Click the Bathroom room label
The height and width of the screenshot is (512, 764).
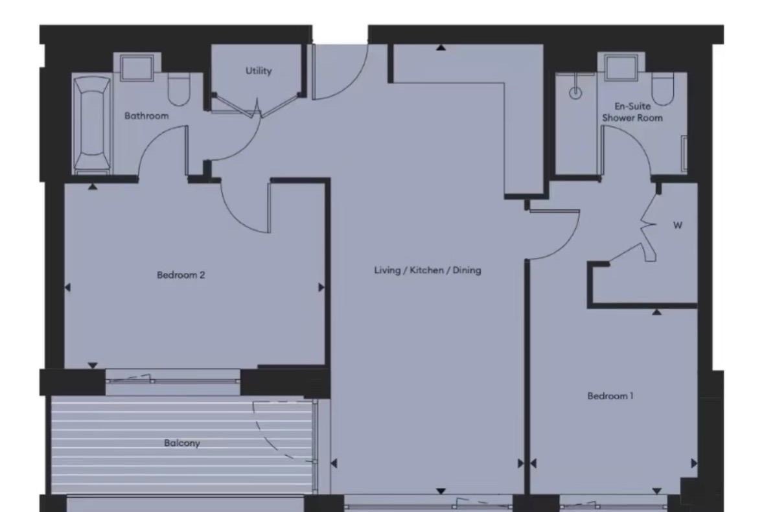[x=146, y=116]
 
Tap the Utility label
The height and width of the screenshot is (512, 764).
[x=259, y=71]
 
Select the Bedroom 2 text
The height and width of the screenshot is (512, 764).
[x=181, y=275]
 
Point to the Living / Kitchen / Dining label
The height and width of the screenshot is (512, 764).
[x=428, y=270]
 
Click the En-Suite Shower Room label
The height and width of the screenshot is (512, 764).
[x=632, y=111]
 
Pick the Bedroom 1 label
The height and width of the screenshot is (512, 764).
[x=610, y=395]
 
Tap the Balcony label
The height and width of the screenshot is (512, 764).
[x=181, y=443]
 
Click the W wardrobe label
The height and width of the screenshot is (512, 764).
[x=678, y=226]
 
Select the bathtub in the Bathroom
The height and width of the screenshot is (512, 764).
[x=91, y=123]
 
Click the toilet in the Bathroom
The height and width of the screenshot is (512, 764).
[x=178, y=90]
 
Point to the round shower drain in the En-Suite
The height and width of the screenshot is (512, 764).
[x=575, y=93]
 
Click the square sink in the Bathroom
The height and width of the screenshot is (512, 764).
[x=137, y=68]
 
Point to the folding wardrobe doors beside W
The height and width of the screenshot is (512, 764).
[x=648, y=233]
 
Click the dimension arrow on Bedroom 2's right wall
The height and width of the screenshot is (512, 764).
[x=321, y=287]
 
